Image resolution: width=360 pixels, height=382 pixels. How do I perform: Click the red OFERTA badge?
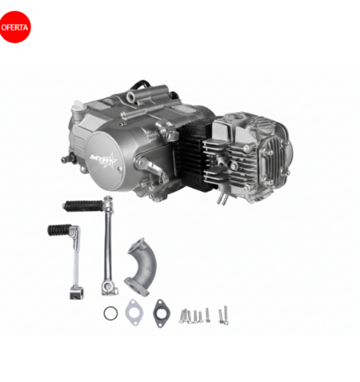pos(15,27)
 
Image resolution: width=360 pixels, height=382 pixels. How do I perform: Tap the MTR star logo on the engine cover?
pos(103,160)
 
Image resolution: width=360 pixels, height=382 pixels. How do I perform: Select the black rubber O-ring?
pos(110,313)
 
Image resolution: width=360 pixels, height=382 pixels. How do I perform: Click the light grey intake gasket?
pos(134,312)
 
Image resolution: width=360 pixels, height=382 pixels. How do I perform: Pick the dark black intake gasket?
pos(161,313)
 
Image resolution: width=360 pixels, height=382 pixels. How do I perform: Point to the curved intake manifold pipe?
pos(141,267)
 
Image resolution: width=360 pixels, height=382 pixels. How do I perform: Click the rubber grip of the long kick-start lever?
pos(83,205)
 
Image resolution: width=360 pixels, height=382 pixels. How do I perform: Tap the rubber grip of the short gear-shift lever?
pos(59,230)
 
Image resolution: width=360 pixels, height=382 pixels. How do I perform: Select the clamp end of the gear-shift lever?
pos(76,292)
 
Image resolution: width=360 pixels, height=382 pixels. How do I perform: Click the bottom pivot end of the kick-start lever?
pos(110,288)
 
